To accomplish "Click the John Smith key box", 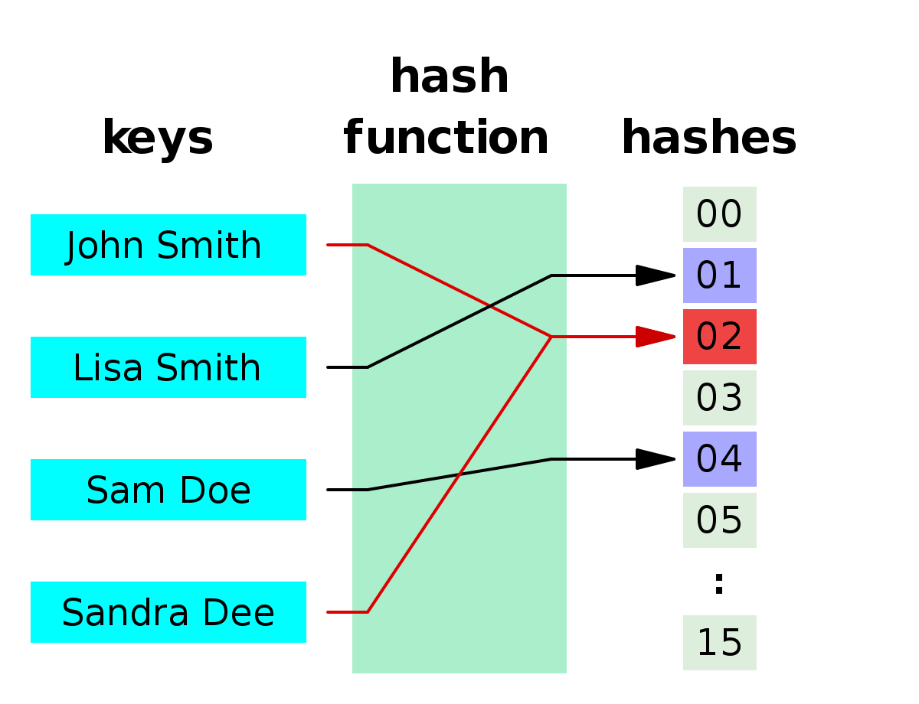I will coord(168,245).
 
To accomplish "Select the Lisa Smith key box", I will coord(168,367).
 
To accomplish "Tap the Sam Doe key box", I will coord(168,490).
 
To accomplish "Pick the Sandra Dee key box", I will coord(168,612).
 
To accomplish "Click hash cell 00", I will coord(719,214).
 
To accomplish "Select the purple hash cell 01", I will coord(719,275).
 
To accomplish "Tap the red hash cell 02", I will coord(719,337).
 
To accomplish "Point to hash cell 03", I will coord(719,398).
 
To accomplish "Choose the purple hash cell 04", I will coord(719,459).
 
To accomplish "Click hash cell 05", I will coord(719,520).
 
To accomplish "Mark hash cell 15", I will coord(719,643).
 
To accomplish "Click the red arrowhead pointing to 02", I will coord(655,337).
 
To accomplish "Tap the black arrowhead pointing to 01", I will coord(655,275).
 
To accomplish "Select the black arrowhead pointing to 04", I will coord(655,459).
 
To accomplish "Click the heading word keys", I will coord(158,139).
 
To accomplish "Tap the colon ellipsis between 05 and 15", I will coord(718,583).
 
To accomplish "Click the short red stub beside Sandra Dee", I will coord(347,612).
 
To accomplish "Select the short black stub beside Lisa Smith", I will coord(347,367).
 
